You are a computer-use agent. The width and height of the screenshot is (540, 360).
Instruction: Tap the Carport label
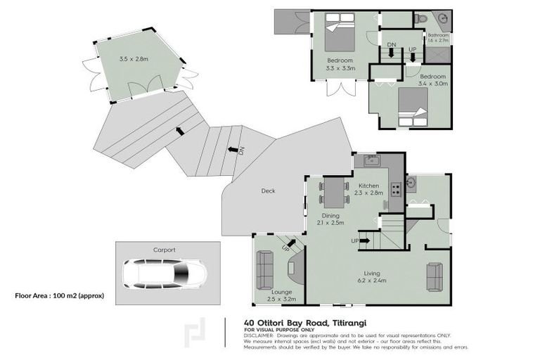[164, 249]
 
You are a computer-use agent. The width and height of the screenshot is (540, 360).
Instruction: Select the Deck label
[268, 191]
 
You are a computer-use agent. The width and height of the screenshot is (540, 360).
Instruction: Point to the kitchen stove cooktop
[396, 188]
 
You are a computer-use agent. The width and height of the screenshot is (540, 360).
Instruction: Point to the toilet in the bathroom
[420, 18]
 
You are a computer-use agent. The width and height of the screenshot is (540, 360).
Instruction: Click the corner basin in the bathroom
[443, 19]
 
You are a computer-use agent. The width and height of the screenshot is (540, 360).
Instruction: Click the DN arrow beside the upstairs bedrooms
[391, 52]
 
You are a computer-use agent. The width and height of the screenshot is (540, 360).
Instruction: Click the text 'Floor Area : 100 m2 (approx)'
[59, 296]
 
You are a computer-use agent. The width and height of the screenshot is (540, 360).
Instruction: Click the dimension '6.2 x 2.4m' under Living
[371, 282]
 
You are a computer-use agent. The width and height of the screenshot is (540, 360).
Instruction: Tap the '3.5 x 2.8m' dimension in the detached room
[134, 59]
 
